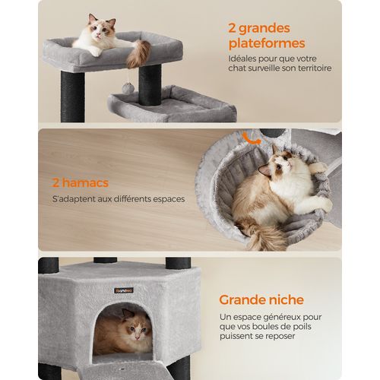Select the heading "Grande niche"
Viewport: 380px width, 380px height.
point(262,299)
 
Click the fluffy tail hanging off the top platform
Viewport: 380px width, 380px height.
point(138,53)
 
